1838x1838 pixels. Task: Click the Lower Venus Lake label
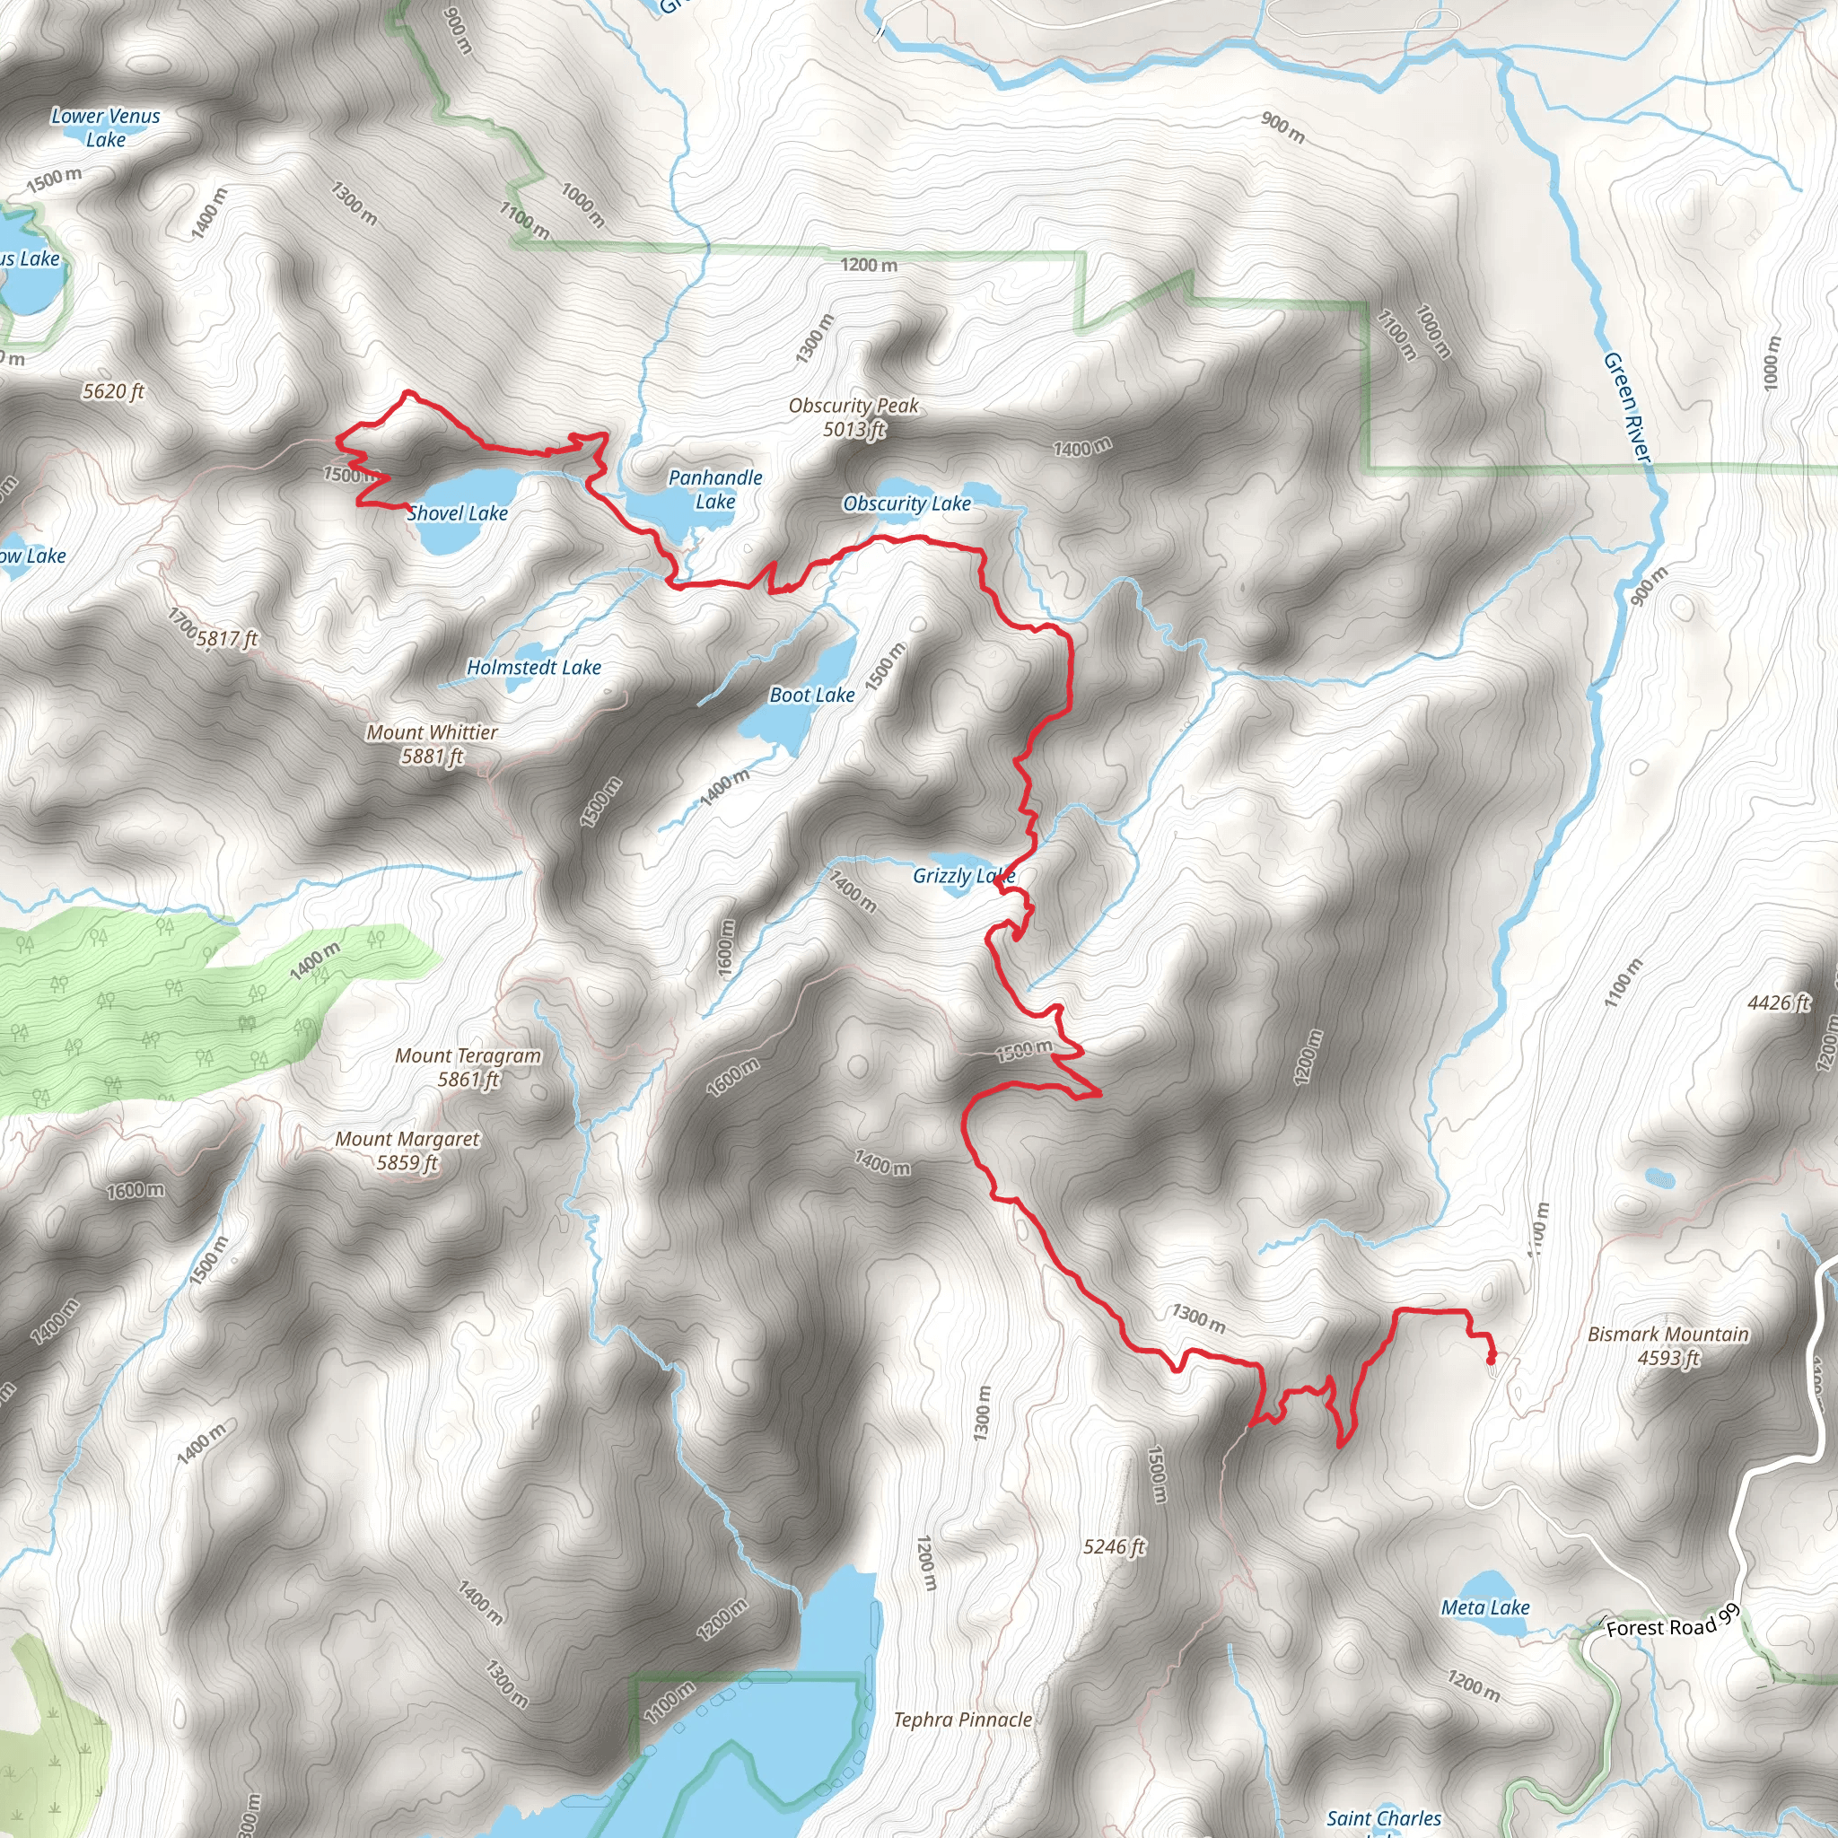click(x=106, y=127)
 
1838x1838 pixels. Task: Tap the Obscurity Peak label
click(x=853, y=417)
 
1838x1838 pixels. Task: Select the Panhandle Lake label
click(x=715, y=490)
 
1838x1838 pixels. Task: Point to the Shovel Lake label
click(x=458, y=513)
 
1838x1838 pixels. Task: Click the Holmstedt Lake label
click(x=534, y=668)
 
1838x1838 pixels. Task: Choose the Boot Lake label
click(x=811, y=696)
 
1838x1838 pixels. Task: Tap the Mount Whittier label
click(x=432, y=744)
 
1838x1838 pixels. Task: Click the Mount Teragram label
click(x=468, y=1067)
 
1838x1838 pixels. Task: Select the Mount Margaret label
click(x=407, y=1151)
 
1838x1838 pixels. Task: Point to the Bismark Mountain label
click(x=1667, y=1346)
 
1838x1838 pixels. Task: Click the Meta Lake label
click(x=1485, y=1607)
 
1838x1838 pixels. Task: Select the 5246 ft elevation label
click(x=1114, y=1547)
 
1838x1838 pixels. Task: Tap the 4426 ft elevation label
click(x=1778, y=1002)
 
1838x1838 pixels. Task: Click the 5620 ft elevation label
click(x=113, y=391)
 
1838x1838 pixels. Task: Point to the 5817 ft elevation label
click(x=226, y=638)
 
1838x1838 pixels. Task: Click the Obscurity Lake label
click(x=906, y=504)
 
